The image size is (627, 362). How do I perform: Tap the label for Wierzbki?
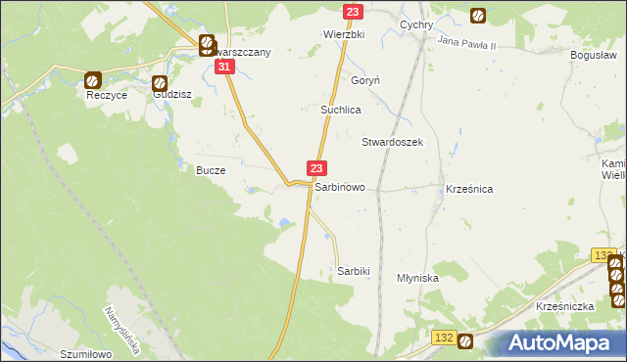coord(344,33)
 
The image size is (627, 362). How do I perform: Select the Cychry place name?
coord(416,25)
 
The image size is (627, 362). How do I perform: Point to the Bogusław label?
coord(593,56)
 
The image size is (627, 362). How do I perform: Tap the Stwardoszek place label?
coord(392,142)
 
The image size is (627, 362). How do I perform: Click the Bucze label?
coord(211,170)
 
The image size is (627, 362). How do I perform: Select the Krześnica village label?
coord(468,188)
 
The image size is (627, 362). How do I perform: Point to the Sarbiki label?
coord(353,270)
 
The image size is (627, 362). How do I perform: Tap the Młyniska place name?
coord(417,278)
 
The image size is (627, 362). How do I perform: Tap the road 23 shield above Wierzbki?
coord(354,11)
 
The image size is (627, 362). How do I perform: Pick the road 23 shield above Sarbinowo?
coord(316,169)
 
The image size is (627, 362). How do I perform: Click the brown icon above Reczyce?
coord(92,81)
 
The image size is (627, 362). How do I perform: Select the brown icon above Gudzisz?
coord(160,84)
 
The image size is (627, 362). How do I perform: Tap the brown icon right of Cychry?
coord(477,16)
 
